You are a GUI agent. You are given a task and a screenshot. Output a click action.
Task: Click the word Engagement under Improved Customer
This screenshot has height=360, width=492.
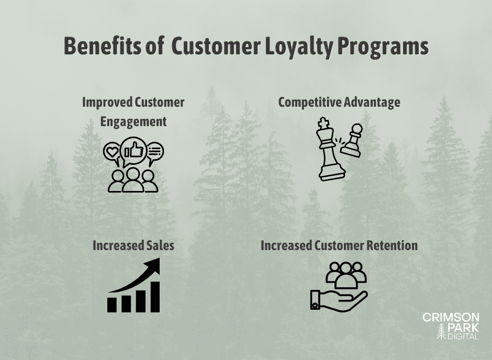[133, 121]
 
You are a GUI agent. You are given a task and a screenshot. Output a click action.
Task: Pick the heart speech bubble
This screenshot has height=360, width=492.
[111, 152]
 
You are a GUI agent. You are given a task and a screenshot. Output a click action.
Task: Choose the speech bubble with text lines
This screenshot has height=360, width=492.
[154, 152]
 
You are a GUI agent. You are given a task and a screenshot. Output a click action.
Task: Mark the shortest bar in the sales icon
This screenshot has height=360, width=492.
[112, 305]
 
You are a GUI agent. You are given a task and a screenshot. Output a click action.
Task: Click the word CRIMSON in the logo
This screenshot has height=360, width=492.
[450, 318]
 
